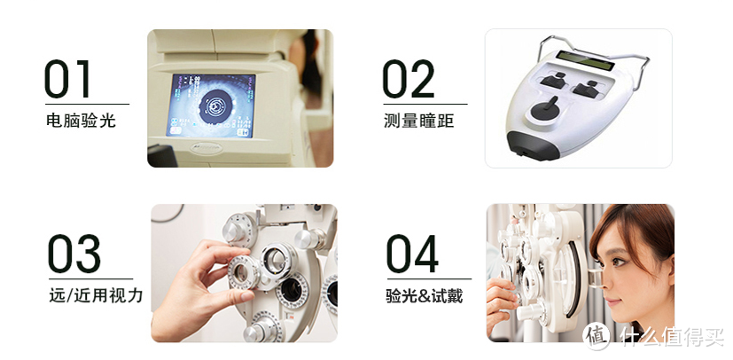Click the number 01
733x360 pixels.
[x=66, y=79]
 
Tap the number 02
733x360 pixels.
[x=408, y=79]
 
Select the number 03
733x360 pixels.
[x=74, y=254]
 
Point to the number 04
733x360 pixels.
[x=412, y=254]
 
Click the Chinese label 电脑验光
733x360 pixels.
[x=81, y=121]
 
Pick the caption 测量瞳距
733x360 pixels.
[x=419, y=121]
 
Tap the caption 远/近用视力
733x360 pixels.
[x=96, y=295]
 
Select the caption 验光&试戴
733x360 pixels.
[x=424, y=295]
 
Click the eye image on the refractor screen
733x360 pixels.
[x=211, y=106]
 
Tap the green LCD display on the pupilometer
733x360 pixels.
[x=584, y=60]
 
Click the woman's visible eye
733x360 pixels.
[x=620, y=261]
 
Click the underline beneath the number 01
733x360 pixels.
[x=87, y=104]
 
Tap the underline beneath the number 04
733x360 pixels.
[x=429, y=278]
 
